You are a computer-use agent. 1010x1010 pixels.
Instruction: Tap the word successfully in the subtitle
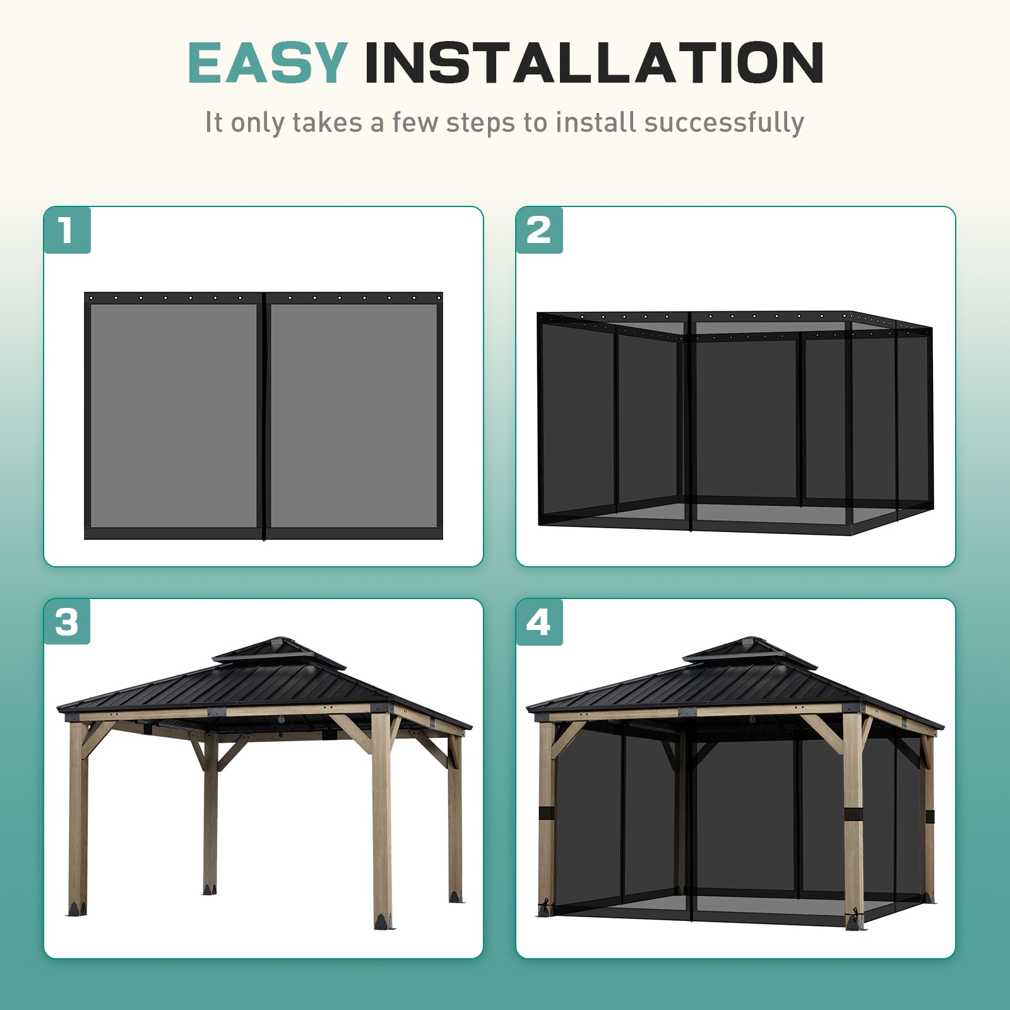pos(723,122)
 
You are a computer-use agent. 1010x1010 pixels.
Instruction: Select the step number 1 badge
pos(67,230)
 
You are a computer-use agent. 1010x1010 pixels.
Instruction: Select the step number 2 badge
pos(539,230)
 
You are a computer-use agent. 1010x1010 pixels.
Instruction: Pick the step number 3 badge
pos(67,622)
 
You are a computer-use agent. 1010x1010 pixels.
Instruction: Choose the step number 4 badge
pos(539,622)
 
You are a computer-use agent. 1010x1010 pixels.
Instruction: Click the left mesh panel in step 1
pos(173,415)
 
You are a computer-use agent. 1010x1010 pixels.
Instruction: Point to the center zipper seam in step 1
pos(264,415)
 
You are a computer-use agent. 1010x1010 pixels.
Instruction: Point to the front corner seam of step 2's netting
pos(690,423)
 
